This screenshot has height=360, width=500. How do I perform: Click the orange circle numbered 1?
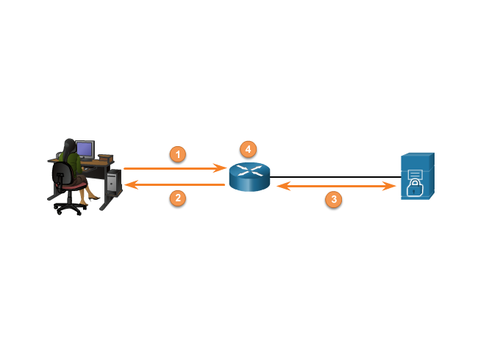click(177, 154)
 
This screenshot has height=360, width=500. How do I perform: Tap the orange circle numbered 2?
click(177, 197)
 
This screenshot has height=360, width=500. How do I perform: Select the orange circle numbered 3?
click(334, 199)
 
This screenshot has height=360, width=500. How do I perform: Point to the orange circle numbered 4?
click(249, 149)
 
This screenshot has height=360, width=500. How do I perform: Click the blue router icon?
click(249, 176)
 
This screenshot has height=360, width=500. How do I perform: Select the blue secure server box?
click(417, 176)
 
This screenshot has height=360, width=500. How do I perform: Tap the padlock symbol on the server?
click(415, 190)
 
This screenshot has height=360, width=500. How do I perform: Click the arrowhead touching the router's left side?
click(222, 168)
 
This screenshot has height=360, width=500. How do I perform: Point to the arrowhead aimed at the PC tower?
click(129, 186)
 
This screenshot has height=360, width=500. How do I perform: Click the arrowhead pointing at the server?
click(392, 187)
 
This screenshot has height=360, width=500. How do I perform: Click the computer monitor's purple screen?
click(85, 149)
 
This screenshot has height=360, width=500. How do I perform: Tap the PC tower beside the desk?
click(113, 181)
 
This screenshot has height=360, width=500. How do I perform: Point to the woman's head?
click(68, 145)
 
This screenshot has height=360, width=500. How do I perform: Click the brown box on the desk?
click(105, 156)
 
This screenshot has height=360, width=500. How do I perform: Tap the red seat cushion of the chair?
click(75, 187)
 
